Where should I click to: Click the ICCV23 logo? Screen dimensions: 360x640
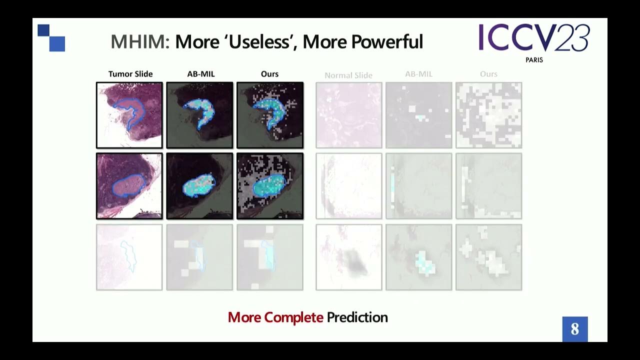pos(534,38)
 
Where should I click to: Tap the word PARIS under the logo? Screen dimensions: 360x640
pos(534,60)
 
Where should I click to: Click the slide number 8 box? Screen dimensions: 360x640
pos(575,329)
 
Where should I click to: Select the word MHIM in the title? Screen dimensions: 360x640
pos(140,42)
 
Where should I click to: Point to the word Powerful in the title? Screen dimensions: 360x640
pos(387,42)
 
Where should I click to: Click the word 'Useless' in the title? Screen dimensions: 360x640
pos(262,42)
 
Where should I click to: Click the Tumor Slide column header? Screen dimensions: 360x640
pos(130,74)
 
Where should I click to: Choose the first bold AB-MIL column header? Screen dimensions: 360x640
pos(201,74)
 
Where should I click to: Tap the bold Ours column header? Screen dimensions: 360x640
pos(269,74)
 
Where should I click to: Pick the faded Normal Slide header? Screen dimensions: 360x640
pos(348,75)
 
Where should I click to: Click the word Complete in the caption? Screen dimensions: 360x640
pos(293,317)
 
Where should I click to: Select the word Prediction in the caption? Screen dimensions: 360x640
pos(357,317)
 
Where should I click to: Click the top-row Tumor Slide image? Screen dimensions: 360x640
pos(129,115)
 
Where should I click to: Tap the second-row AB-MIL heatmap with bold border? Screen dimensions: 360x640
pos(199,186)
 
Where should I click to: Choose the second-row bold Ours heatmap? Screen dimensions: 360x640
pos(270,186)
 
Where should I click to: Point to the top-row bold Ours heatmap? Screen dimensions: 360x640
pos(270,115)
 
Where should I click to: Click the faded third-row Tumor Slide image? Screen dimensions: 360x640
pos(129,257)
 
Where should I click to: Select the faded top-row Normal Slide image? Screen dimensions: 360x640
pos(349,115)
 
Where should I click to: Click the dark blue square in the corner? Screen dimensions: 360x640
pos(43,30)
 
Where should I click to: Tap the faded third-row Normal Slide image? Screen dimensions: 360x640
pos(349,257)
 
